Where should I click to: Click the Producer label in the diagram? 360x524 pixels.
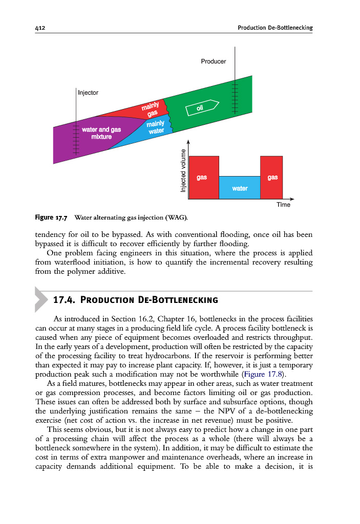(x=213, y=61)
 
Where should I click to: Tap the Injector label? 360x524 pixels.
(x=88, y=93)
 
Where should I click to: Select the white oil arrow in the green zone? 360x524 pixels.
(x=202, y=107)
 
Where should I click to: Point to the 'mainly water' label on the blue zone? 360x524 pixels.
(x=155, y=127)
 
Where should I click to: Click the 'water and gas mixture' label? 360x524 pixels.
(x=101, y=133)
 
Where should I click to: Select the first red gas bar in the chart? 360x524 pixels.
(x=203, y=177)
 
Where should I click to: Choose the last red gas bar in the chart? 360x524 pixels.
(x=271, y=177)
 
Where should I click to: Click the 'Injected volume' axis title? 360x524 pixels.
(x=183, y=170)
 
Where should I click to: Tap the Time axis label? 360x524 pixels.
(x=283, y=205)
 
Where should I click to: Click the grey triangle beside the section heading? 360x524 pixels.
(x=41, y=299)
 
